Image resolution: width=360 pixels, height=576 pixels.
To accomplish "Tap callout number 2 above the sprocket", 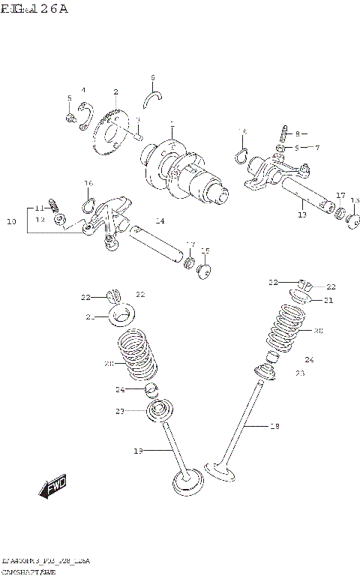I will coord(116,92).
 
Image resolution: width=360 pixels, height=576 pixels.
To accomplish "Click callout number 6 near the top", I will coord(152,77).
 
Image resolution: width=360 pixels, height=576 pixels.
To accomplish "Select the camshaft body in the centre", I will coord(184,169).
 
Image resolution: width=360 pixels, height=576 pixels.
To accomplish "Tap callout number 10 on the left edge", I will coord(10,222).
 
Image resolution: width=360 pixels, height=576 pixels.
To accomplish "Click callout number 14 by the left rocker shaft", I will coord(160,220).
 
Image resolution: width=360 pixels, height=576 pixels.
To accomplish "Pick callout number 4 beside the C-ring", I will coord(83,90).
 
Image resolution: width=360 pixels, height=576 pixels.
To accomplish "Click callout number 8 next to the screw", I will coord(297,133).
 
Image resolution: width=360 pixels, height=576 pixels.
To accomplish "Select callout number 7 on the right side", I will coord(316,148).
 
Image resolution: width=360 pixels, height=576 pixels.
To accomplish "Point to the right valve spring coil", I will coord(288,326).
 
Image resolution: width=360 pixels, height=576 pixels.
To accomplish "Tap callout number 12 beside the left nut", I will coord(40,220).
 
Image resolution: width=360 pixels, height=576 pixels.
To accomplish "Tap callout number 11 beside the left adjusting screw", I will coord(39,208).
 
